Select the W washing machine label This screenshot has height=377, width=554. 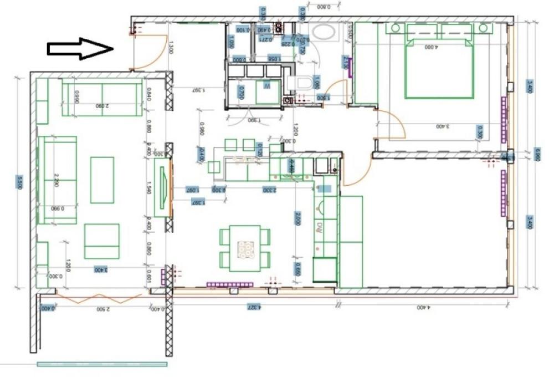266,87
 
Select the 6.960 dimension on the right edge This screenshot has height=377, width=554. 537,153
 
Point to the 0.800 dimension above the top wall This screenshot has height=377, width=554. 324,7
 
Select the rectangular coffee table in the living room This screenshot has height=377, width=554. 102,180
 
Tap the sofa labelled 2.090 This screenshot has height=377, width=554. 102,100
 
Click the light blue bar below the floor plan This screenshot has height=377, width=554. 102,364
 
